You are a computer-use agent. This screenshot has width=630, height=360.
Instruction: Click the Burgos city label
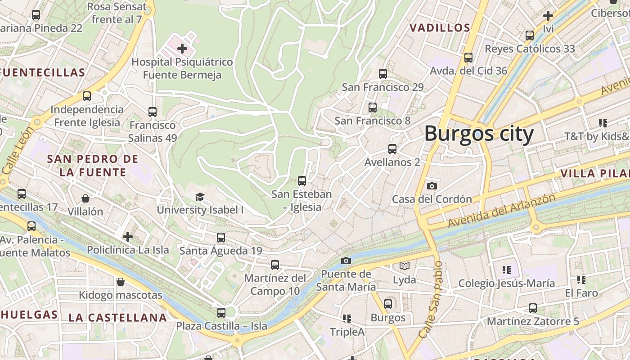[x=479, y=134]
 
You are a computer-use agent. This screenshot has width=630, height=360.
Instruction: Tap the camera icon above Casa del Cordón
[x=432, y=186]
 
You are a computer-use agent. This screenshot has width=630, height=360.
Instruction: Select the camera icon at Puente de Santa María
[x=346, y=261]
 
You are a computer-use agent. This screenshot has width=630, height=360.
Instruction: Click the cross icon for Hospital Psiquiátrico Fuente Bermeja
[x=182, y=48]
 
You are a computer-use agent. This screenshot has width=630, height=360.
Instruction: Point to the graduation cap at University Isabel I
[x=200, y=197]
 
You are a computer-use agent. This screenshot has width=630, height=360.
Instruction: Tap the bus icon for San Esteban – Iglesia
[x=302, y=181]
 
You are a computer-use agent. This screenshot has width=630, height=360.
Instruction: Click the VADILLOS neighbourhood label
[x=440, y=28]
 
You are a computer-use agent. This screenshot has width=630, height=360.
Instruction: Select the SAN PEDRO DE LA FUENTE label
[x=93, y=166]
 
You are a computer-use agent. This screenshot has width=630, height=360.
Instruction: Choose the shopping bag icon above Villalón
[x=85, y=198]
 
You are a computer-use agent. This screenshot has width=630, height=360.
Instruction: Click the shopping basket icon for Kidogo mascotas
[x=120, y=282]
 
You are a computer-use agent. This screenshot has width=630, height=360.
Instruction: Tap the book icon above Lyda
[x=405, y=266]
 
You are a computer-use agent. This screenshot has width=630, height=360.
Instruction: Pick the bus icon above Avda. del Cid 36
[x=468, y=58]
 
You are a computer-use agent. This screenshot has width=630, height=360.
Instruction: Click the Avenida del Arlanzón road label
[x=501, y=210]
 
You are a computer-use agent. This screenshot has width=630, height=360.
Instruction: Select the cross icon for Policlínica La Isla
[x=128, y=237]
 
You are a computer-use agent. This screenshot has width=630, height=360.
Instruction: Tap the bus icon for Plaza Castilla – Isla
[x=221, y=312]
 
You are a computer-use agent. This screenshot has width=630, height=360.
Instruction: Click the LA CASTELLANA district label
[x=117, y=317]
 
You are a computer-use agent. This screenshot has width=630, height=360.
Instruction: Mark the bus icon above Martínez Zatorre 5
[x=533, y=308]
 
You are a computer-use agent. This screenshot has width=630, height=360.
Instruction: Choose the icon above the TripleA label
[x=346, y=319]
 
